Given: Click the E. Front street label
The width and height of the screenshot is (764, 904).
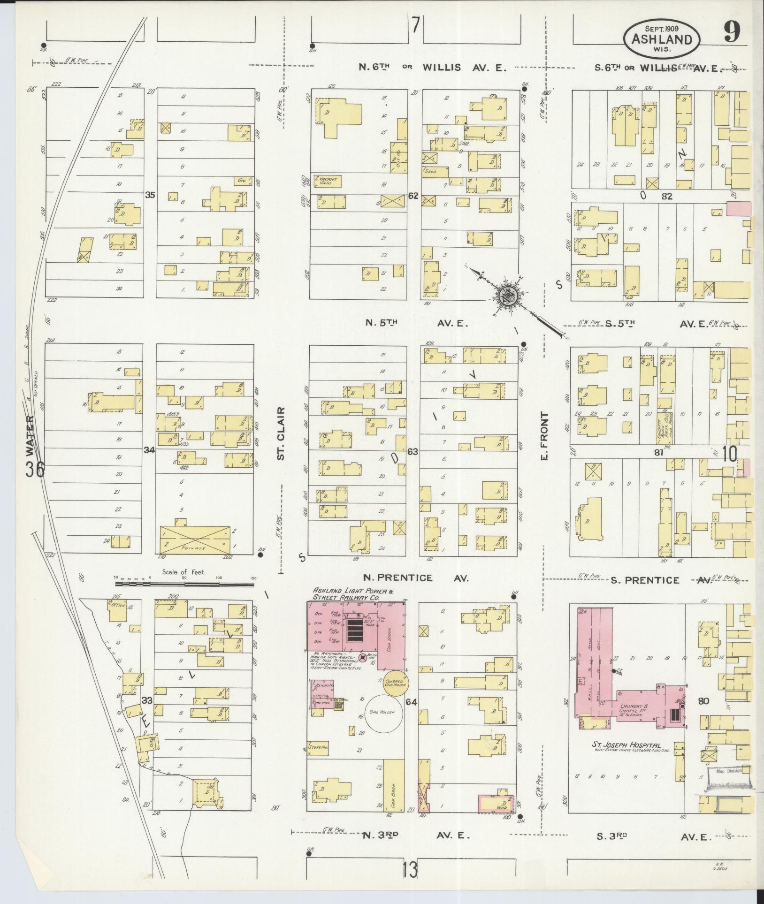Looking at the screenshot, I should pyautogui.click(x=544, y=437).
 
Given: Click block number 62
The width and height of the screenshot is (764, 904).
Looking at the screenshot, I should pyautogui.click(x=413, y=196).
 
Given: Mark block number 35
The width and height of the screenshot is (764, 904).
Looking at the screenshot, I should pyautogui.click(x=150, y=194).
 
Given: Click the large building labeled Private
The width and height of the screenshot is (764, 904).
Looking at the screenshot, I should pyautogui.click(x=196, y=538).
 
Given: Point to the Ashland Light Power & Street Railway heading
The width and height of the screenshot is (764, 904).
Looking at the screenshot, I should pyautogui.click(x=350, y=594).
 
